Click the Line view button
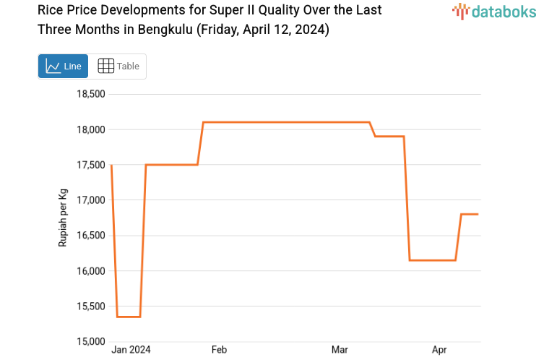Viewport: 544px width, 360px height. point(63,67)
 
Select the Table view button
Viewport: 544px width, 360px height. point(118,67)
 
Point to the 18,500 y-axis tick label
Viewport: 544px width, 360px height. point(91,94)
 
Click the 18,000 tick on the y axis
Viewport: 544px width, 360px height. point(91,129)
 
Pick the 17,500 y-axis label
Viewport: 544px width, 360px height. point(91,165)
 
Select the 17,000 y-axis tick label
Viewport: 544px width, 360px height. point(91,200)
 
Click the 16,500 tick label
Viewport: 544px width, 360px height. point(91,236)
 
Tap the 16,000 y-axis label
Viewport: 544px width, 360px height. point(91,271)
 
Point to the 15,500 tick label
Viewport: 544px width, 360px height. point(91,307)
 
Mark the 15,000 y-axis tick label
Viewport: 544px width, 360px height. point(91,341)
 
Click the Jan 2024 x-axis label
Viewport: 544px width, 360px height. point(131,350)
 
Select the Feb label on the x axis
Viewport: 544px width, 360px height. point(219,350)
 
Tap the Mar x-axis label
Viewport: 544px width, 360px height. point(340,350)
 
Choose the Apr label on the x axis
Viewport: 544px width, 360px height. point(439,350)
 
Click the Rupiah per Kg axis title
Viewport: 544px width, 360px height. point(63,218)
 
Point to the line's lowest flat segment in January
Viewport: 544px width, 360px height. point(129,317)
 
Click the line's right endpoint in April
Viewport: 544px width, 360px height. point(478,214)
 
